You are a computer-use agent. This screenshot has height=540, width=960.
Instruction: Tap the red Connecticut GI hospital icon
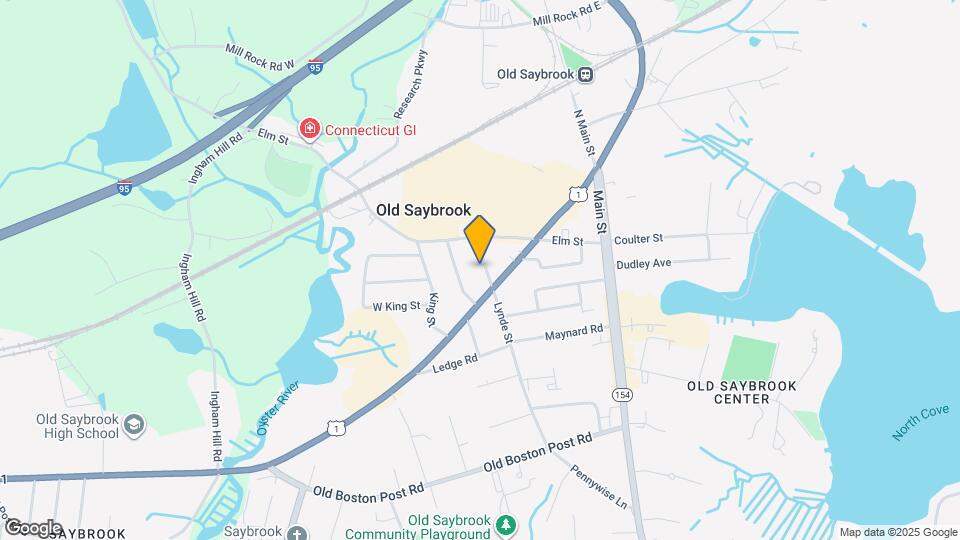click(x=310, y=130)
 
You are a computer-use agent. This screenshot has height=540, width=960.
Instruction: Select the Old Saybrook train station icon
click(x=587, y=74)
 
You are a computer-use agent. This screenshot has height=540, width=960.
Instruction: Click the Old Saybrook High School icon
click(x=133, y=427)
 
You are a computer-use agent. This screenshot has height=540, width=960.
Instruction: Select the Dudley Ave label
click(x=643, y=264)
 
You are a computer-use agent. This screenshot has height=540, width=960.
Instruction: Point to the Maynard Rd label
click(x=574, y=332)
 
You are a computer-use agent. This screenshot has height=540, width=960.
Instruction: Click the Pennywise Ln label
click(x=598, y=485)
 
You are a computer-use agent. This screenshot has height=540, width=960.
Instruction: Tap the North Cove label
click(x=919, y=425)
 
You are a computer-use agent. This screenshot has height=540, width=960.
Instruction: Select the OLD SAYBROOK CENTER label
click(x=728, y=392)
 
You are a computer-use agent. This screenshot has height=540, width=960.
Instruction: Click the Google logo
click(x=33, y=528)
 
